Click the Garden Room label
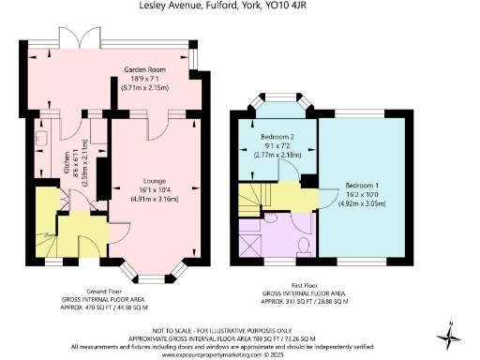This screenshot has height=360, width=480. click(x=145, y=69)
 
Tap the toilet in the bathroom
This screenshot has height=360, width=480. click(x=303, y=245)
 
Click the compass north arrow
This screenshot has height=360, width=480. click(x=452, y=332)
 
